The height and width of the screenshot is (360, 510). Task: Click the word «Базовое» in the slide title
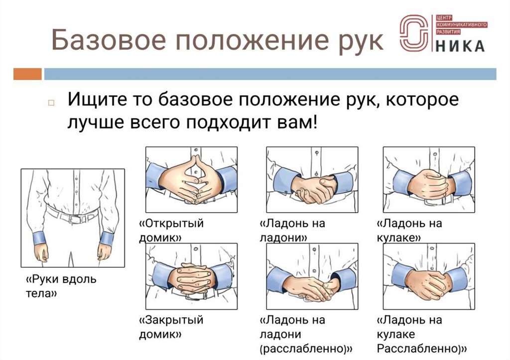coord(109,40)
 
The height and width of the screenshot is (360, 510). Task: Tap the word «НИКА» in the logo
coord(460,46)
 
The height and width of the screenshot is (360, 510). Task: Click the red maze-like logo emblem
coord(414,33)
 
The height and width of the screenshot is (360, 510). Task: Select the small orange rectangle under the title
coord(27,74)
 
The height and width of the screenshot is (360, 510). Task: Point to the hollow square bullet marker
coord(51,103)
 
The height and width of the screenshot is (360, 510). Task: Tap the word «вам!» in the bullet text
coord(297,122)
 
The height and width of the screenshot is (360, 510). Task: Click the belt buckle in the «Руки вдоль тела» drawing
coord(76,219)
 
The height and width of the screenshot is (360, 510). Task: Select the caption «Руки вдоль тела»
coord(61,286)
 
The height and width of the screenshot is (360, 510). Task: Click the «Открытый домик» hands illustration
coord(191,180)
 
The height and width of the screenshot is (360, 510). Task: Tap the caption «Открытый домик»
coord(171,230)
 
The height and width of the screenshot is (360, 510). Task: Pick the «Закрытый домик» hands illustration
coord(191,276)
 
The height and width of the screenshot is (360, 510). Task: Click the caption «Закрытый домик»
coord(171,327)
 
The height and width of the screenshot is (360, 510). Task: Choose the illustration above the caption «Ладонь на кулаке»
coord(429,180)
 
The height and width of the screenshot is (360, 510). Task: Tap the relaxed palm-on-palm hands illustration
coord(312,276)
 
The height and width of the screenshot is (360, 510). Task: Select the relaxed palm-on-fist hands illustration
coord(429,276)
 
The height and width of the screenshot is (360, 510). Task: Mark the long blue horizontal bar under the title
coord(270,74)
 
